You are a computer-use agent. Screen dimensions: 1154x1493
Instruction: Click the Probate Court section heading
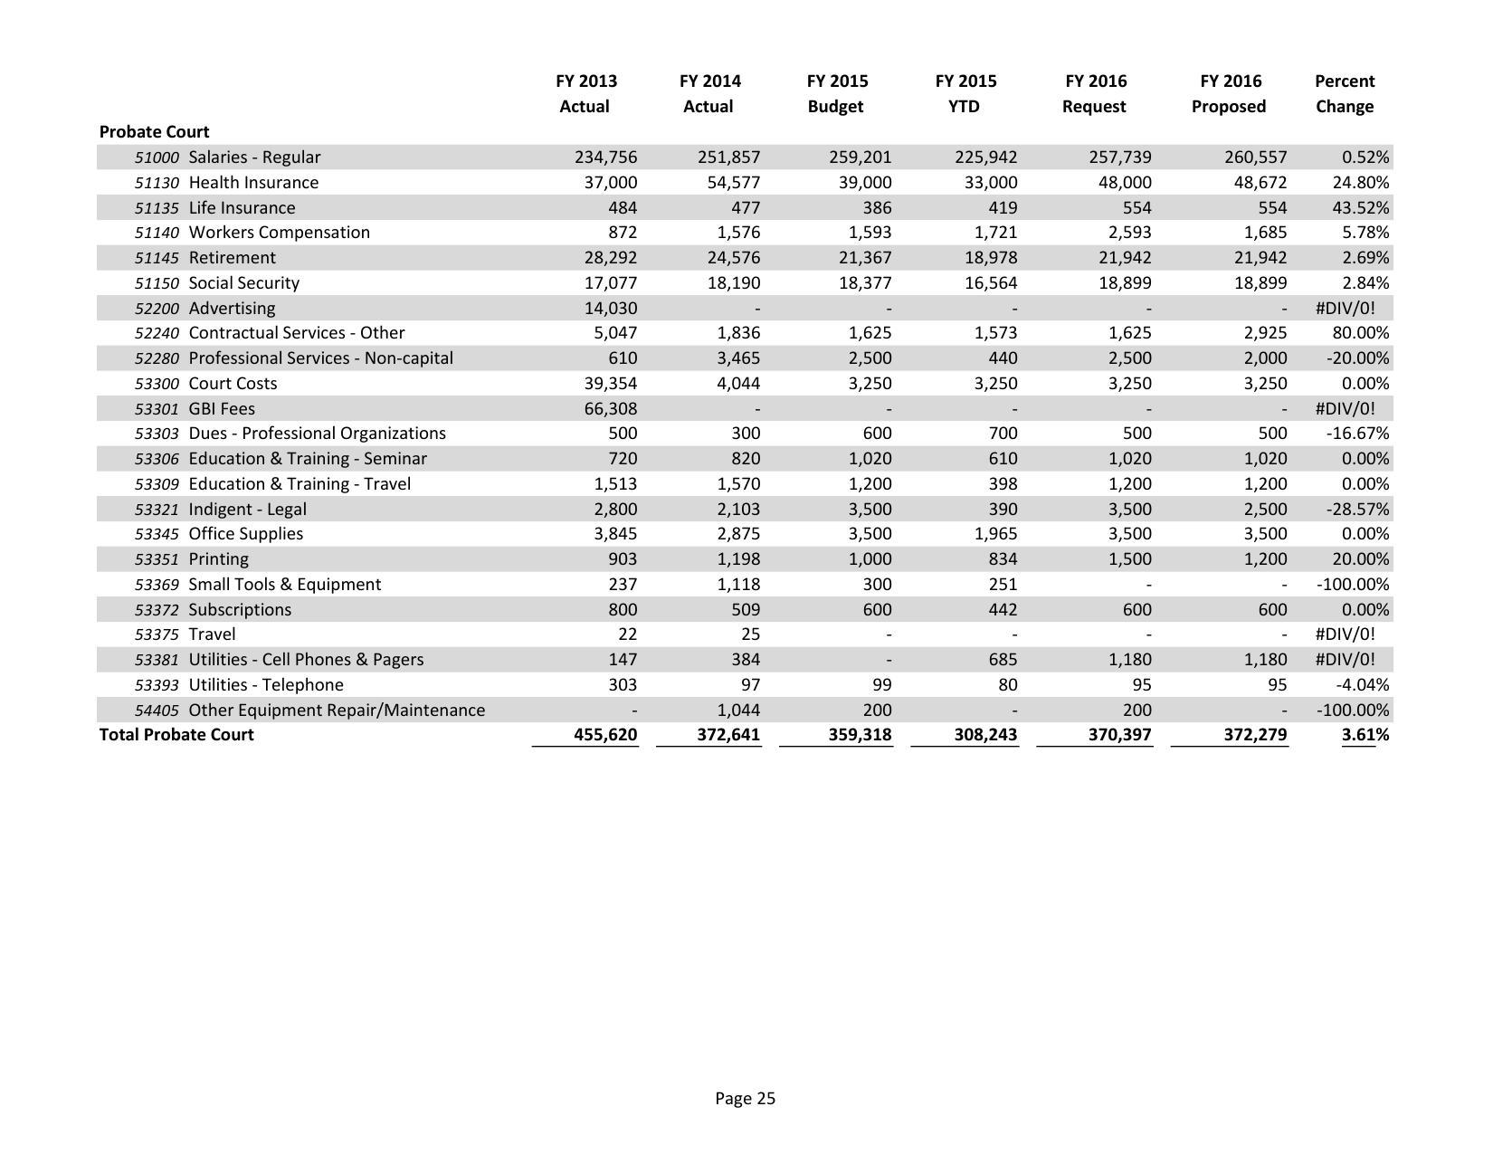click(154, 131)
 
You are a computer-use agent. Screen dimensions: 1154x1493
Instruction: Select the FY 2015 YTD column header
click(965, 93)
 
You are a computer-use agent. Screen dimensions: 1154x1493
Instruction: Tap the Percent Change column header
click(1344, 93)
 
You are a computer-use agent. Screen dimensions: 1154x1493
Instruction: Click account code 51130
click(157, 183)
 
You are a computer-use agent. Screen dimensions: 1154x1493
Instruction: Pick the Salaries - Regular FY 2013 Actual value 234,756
click(605, 157)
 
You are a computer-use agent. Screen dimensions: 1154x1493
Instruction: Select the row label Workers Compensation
click(279, 233)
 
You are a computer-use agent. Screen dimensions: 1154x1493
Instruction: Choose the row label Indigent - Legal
click(247, 510)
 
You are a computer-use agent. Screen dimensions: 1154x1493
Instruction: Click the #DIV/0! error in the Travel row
click(1345, 634)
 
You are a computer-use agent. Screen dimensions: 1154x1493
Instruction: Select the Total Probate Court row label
click(176, 735)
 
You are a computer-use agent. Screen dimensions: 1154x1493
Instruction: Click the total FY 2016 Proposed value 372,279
click(1255, 735)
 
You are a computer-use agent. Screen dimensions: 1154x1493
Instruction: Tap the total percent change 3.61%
click(1365, 735)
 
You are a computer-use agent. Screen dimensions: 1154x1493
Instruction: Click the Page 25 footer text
click(745, 1099)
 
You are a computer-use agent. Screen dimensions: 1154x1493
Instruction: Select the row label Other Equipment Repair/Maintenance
click(337, 711)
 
